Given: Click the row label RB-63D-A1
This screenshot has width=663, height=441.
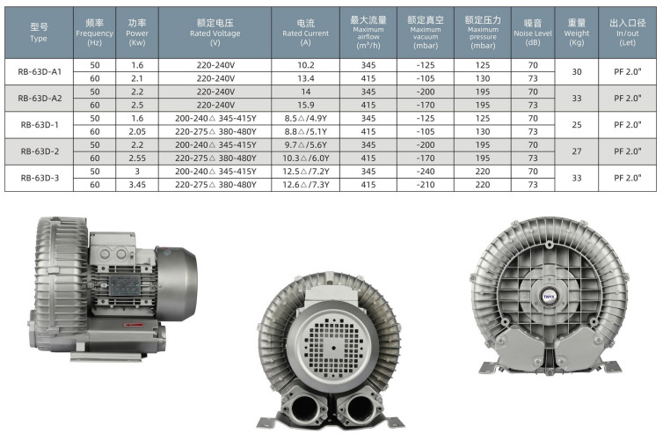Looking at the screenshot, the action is [x=40, y=71].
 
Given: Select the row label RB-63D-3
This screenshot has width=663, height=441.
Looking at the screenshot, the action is [x=40, y=178].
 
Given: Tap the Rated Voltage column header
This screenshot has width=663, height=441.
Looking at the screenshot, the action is [x=215, y=33].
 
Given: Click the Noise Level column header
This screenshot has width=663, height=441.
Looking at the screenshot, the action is [x=533, y=33].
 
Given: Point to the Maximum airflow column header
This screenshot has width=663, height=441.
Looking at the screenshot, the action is [x=368, y=33].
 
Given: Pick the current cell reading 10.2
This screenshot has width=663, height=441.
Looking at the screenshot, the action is [x=306, y=65].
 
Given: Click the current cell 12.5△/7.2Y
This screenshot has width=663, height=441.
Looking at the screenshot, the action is [x=306, y=172].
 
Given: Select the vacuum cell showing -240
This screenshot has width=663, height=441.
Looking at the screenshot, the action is [x=426, y=172].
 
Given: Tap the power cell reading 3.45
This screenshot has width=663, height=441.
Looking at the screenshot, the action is [x=137, y=185].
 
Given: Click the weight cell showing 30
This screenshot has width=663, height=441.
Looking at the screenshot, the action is [x=577, y=71].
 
